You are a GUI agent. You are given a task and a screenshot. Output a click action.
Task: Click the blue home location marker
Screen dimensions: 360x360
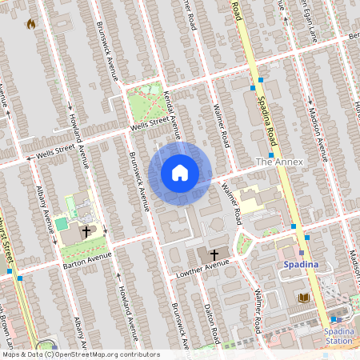pyautogui.click(x=180, y=173)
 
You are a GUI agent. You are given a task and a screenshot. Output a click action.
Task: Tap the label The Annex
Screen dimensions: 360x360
pyautogui.click(x=277, y=162)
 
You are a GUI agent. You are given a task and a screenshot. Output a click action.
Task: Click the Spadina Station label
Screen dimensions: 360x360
pyautogui.click(x=338, y=335)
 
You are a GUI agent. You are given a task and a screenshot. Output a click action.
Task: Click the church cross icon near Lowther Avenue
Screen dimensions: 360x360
pyautogui.click(x=214, y=252)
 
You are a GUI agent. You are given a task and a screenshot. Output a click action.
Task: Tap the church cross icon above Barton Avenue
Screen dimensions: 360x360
pyautogui.click(x=86, y=230)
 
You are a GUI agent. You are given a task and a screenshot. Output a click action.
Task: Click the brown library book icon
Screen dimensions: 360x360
pyautogui.click(x=303, y=298)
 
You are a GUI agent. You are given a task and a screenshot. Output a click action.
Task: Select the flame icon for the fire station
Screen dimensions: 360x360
pyautogui.click(x=31, y=24)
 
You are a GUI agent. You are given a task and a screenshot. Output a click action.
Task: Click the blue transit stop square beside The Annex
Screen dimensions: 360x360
pyautogui.click(x=271, y=155)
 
